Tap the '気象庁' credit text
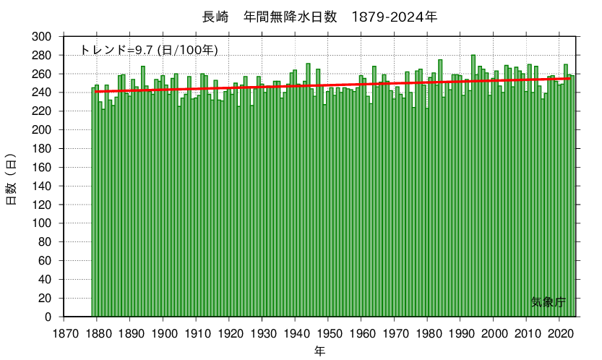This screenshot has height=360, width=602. click(548, 302)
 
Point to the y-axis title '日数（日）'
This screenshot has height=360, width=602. click(12, 179)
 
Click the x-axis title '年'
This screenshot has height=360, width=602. click(319, 351)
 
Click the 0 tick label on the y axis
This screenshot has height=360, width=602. click(48, 317)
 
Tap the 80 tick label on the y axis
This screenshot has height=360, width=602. click(46, 242)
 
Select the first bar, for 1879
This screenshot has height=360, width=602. click(93, 202)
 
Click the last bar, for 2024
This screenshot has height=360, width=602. click(572, 195)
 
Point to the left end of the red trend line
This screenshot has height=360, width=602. click(95, 92)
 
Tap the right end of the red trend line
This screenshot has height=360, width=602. click(573, 78)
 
